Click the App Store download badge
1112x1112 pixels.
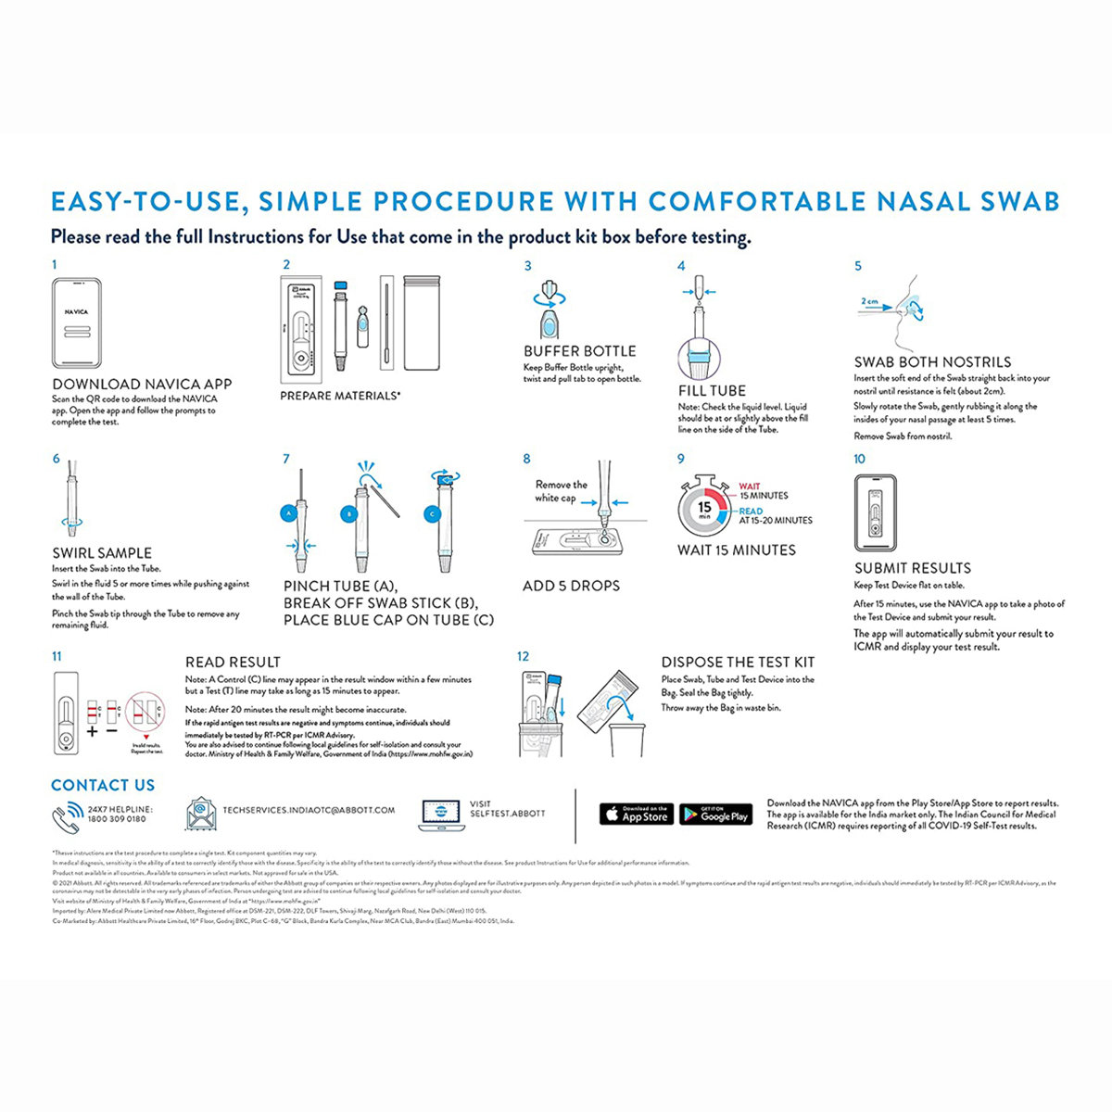(636, 814)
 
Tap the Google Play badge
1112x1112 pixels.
(715, 814)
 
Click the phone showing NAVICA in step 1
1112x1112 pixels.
(76, 322)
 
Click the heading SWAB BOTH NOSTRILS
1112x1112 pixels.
(932, 362)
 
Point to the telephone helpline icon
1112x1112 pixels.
(67, 815)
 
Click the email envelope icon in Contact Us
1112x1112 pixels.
(200, 813)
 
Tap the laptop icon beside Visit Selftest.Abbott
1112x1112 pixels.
(441, 814)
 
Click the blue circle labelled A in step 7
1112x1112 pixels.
(288, 512)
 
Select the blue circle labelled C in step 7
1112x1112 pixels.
(431, 512)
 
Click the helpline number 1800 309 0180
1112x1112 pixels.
(117, 819)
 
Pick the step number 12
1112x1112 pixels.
(524, 656)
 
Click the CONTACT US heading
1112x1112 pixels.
(103, 785)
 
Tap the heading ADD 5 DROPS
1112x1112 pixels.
(571, 586)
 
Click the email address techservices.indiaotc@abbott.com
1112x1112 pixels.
(309, 810)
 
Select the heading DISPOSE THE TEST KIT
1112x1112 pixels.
(738, 662)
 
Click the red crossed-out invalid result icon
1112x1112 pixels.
(145, 713)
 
